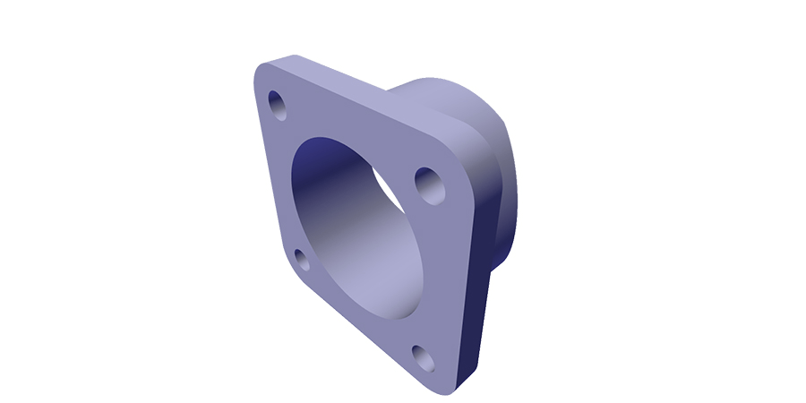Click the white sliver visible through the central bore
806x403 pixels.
(388, 184)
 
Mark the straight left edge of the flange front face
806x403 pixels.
(267, 170)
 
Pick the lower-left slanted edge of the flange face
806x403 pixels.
(349, 327)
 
